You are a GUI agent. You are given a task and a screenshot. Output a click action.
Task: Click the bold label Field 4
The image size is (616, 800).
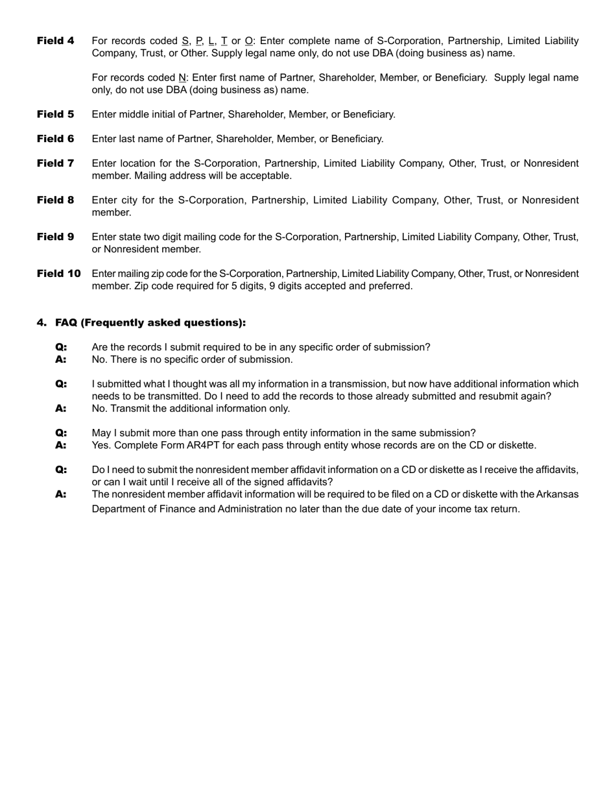click(55, 41)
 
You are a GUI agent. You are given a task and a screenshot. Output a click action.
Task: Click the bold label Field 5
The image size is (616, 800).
click(55, 114)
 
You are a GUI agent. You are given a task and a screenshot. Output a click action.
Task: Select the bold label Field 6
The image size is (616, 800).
click(55, 139)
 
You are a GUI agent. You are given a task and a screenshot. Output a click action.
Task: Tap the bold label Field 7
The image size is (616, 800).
click(55, 164)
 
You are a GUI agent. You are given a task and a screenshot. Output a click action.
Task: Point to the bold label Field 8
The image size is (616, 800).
click(55, 200)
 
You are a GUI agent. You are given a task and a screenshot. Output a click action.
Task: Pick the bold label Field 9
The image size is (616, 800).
click(55, 237)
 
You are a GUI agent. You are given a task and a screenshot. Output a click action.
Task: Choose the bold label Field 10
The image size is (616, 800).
click(58, 274)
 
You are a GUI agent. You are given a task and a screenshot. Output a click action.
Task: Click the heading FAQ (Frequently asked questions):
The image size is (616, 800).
click(150, 322)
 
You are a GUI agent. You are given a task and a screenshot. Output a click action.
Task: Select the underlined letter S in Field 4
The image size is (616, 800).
click(185, 41)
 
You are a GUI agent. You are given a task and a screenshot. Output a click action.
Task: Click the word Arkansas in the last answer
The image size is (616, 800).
click(557, 494)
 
